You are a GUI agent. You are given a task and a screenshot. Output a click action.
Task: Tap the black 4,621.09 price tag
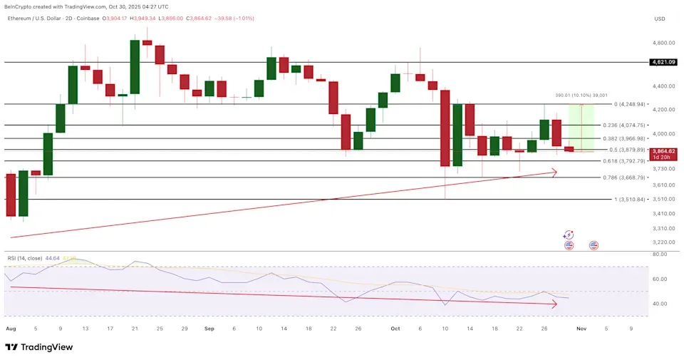click(x=663, y=62)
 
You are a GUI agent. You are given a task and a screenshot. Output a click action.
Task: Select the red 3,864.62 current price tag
click(x=663, y=152)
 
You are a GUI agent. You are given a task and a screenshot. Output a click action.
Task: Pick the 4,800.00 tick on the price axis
click(x=663, y=43)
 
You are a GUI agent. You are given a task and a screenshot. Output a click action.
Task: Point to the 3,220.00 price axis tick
click(x=663, y=242)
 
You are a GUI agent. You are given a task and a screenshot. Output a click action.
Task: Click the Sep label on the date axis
click(x=209, y=329)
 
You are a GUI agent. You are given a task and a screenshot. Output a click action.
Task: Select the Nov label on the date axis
click(x=581, y=329)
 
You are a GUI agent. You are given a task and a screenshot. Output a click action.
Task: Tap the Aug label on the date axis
click(x=10, y=329)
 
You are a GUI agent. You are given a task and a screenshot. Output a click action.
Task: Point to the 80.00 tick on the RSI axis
click(x=659, y=253)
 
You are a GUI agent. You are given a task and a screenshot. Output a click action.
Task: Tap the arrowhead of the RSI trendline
click(x=554, y=304)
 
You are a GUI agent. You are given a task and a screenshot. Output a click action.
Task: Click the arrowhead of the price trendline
click(x=554, y=171)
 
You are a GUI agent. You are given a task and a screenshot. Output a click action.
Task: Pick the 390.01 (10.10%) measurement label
click(x=581, y=95)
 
